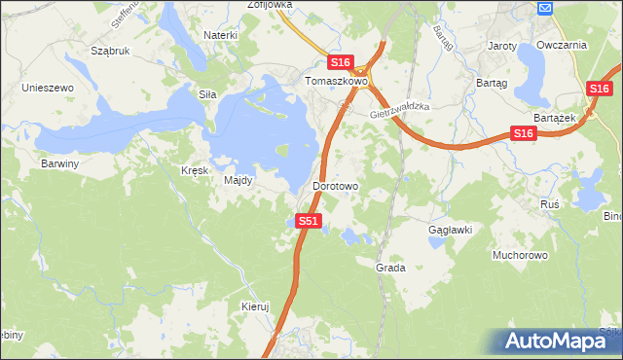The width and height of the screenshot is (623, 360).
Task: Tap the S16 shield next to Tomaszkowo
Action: (339, 62)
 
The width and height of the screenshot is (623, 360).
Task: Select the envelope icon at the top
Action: (545, 8)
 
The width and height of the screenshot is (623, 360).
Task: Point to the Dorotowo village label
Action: (336, 185)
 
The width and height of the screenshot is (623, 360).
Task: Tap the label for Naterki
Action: (220, 35)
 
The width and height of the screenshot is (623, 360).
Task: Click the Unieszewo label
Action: (49, 88)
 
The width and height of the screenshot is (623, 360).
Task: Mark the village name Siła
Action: (206, 94)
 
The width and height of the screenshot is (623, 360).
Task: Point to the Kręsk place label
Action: (195, 170)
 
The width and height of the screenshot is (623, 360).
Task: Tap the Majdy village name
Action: (238, 180)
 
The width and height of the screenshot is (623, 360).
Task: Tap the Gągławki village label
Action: (450, 231)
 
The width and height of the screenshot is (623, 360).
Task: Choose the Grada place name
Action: (390, 267)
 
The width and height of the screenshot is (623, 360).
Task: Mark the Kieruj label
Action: (254, 306)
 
